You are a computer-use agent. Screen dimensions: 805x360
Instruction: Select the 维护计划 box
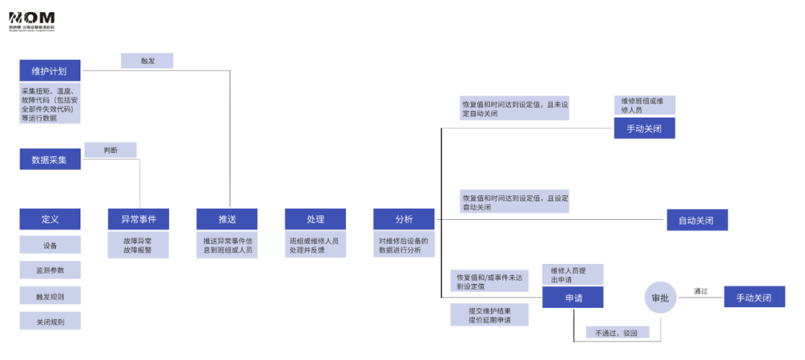click(49, 72)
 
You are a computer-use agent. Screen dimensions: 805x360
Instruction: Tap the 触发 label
click(147, 61)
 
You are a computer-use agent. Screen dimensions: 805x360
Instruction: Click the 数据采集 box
click(49, 160)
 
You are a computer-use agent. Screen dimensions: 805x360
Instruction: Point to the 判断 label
click(110, 150)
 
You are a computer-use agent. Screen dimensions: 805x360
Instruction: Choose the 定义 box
click(49, 219)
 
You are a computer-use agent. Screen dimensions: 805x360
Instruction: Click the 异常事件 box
click(138, 219)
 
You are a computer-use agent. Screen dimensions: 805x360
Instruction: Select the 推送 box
click(227, 219)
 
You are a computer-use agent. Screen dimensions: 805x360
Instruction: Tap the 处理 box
click(315, 219)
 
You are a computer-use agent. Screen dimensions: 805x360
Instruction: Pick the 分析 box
click(403, 219)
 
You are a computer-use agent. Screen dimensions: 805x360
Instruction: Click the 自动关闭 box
click(696, 221)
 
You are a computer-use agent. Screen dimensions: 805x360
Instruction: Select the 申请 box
click(572, 297)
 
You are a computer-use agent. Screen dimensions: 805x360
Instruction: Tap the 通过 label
click(701, 291)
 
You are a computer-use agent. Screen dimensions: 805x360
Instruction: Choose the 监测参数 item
click(49, 270)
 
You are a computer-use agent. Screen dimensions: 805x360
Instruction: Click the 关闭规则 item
click(49, 320)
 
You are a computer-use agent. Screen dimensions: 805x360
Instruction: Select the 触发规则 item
click(49, 295)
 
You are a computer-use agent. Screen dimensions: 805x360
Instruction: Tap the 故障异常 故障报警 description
click(138, 246)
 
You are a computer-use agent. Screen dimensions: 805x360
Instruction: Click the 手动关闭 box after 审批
click(754, 297)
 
